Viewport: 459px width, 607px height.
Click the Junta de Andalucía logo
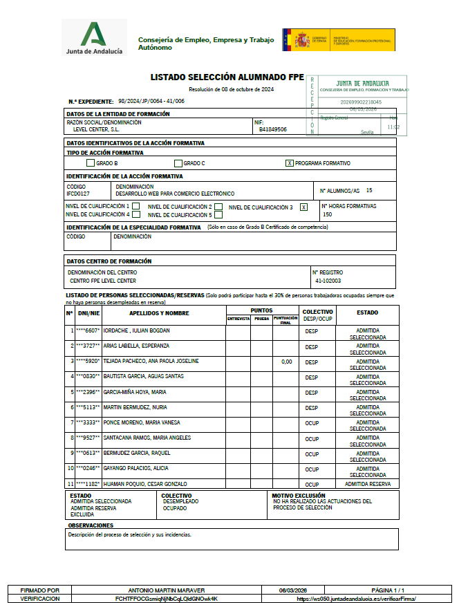click(94, 38)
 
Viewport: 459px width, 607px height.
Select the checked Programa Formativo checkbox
click(290, 163)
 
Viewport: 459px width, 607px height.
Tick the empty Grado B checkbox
click(91, 163)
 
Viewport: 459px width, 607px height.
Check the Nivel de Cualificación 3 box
click(303, 207)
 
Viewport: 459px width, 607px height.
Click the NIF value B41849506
click(273, 129)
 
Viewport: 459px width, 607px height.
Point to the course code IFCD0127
click(78, 194)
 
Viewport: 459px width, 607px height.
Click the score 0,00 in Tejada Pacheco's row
click(286, 362)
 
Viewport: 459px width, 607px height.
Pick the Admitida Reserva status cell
click(367, 484)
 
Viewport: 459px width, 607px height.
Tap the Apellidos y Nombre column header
click(159, 313)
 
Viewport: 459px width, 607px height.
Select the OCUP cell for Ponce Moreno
click(312, 422)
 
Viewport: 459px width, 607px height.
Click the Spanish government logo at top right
click(338, 39)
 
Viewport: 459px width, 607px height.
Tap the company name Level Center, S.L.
click(96, 129)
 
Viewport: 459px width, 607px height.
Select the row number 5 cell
click(71, 392)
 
